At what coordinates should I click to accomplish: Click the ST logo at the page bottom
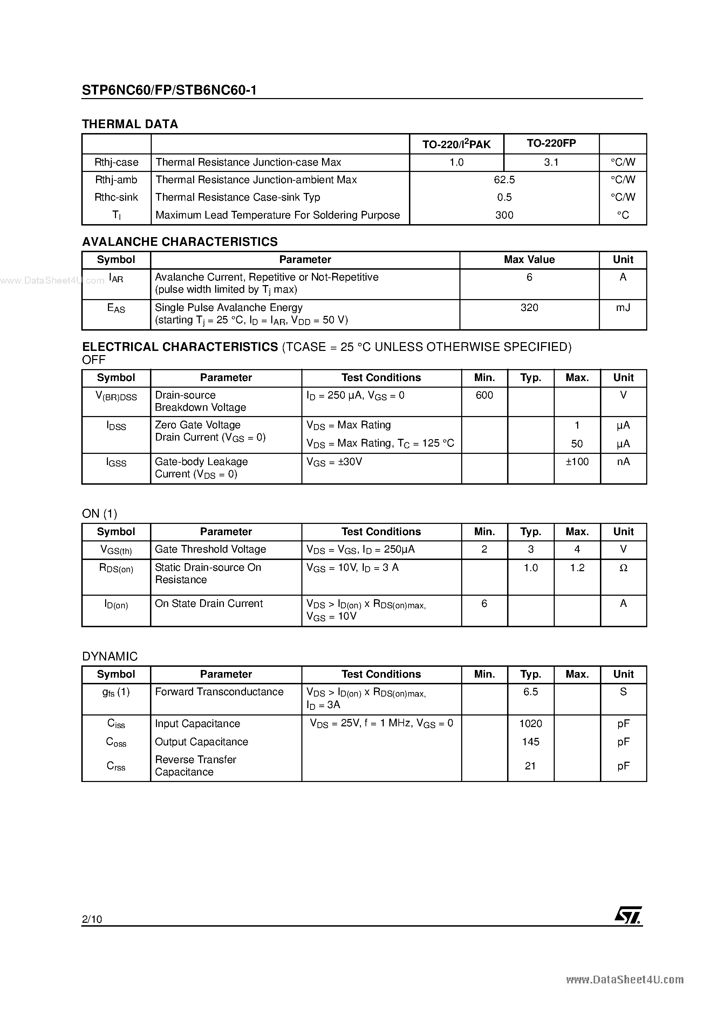628,916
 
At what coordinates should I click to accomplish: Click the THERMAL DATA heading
130,124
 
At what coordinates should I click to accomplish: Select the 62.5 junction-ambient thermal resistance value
504,180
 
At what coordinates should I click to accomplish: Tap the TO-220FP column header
551,143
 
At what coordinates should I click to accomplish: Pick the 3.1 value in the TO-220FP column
551,162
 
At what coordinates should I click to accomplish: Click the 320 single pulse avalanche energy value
530,308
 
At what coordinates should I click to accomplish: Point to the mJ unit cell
623,308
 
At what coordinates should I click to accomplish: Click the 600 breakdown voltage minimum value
484,395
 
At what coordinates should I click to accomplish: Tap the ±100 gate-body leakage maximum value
577,462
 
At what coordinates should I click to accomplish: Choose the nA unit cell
623,462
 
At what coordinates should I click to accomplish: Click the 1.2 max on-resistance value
577,568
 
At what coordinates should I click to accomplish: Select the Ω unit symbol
623,568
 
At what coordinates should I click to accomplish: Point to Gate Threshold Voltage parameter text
210,549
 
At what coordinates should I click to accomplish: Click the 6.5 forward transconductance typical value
531,692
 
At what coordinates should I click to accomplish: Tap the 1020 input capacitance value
531,724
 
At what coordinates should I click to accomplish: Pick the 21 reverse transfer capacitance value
530,766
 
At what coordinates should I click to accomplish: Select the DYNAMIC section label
110,656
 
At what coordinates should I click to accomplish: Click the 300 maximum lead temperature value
504,215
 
